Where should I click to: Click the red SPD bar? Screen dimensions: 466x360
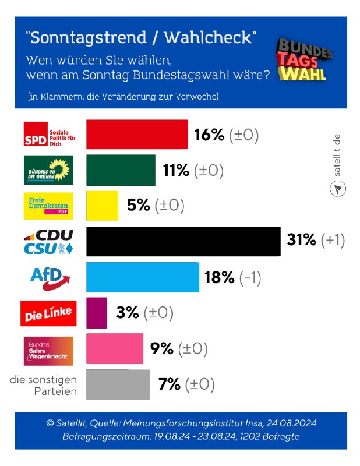[137, 135]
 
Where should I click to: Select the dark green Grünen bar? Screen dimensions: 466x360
[121, 170]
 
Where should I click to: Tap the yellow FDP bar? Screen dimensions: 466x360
[102, 206]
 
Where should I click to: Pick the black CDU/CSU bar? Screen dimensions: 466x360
[183, 241]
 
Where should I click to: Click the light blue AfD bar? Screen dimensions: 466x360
[142, 277]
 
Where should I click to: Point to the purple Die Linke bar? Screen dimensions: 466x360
[96, 312]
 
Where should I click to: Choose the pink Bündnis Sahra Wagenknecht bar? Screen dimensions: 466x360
[114, 348]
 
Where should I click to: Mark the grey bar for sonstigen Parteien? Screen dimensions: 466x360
[118, 384]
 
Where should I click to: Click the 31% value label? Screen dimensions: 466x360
[301, 241]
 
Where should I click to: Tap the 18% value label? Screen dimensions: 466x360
[219, 277]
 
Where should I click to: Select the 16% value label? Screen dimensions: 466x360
[209, 135]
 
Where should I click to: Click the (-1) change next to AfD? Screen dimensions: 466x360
[249, 277]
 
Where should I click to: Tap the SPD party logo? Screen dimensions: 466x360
[49, 135]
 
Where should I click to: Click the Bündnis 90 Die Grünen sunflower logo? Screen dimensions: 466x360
[49, 170]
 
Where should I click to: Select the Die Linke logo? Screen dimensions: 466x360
[49, 313]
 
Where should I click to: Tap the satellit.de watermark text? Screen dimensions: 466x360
[337, 158]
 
